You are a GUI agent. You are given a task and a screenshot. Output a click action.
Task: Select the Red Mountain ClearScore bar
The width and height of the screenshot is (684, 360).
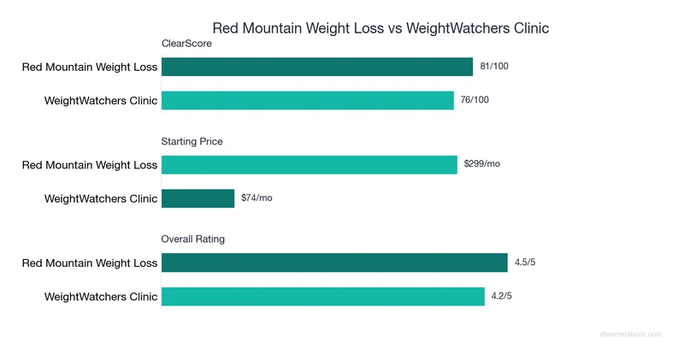[316, 67]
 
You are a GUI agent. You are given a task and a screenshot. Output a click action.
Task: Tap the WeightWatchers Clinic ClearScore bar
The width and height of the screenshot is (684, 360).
[307, 100]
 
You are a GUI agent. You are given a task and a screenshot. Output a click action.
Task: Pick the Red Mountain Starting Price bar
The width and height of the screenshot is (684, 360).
[309, 165]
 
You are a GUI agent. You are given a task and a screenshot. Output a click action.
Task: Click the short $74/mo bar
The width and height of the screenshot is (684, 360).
[198, 198]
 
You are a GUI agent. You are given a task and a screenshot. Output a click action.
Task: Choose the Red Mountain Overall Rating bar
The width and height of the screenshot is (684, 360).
[334, 263]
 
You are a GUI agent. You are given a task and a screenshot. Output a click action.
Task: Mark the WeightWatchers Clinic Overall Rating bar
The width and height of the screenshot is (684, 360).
[322, 297]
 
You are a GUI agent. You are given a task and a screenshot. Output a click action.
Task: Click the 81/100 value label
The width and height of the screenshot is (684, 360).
[494, 67]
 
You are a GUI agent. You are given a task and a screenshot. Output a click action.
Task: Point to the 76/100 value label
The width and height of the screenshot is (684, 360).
[475, 100]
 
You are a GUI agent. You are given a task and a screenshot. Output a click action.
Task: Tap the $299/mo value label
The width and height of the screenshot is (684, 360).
[481, 164]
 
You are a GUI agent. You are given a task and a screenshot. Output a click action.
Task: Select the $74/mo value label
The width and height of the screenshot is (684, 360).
[256, 198]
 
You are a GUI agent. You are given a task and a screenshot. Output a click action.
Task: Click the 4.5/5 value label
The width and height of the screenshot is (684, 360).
[525, 263]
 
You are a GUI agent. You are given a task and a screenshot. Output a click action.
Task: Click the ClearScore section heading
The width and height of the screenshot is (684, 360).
[186, 44]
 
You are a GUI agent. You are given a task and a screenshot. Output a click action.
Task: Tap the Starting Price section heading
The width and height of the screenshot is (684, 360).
[192, 141]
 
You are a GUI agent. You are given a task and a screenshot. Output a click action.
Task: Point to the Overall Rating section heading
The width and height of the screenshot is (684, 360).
[193, 239]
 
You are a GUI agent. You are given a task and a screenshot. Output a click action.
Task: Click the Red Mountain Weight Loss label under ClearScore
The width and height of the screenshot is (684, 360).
[90, 68]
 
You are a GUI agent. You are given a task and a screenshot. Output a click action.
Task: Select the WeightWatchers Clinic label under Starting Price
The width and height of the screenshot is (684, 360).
[101, 199]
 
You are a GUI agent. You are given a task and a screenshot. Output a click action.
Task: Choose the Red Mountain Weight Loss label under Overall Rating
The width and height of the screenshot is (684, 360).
[90, 263]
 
